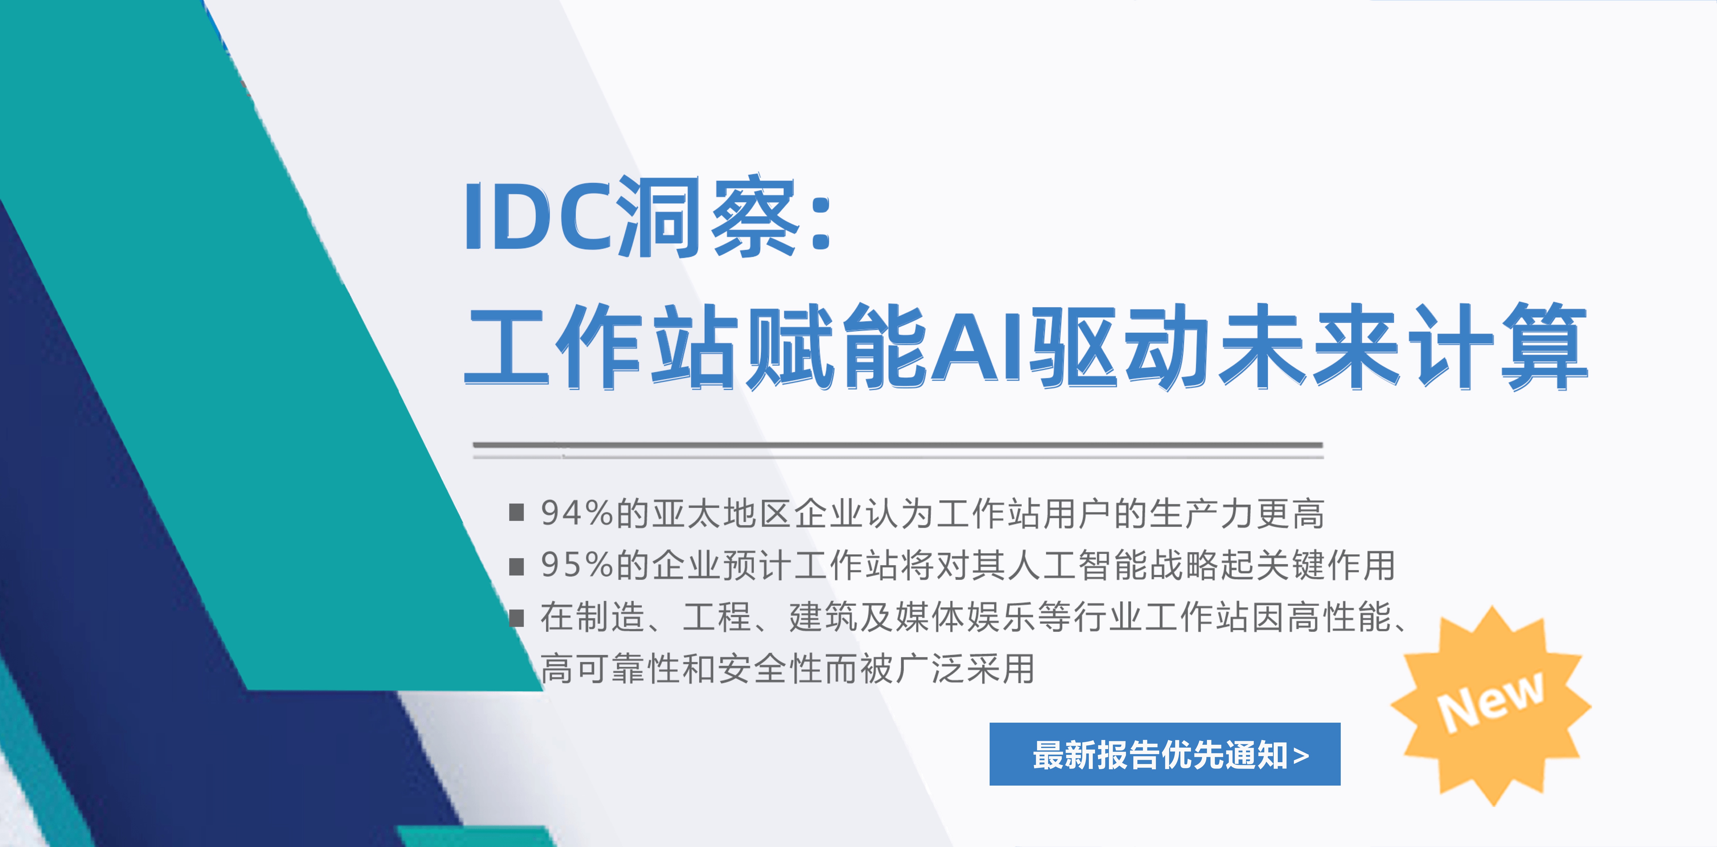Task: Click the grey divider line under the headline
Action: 898,445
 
